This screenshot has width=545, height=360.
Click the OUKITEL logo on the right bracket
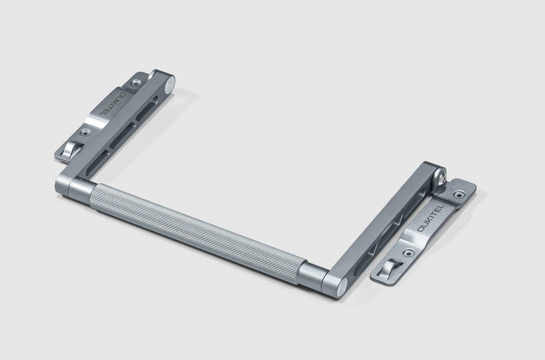429,219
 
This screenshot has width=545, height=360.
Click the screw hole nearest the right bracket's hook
408,252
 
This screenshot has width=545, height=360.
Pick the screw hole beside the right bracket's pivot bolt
460,194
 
